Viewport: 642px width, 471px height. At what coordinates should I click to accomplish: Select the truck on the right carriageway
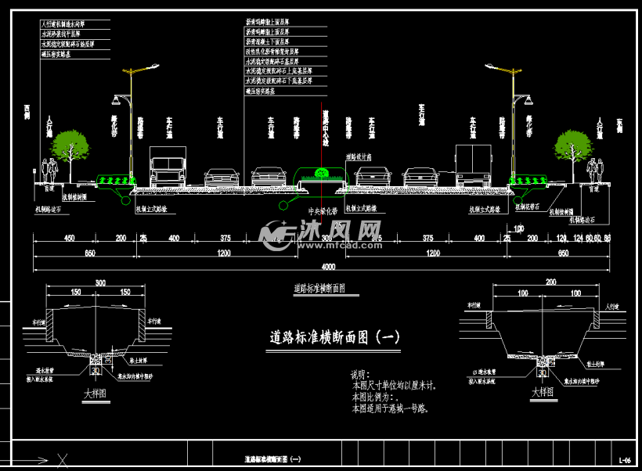click(x=473, y=167)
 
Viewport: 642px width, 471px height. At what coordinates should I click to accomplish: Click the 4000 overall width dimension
click(x=321, y=268)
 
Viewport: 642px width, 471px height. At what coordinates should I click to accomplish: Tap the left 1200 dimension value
click(x=224, y=253)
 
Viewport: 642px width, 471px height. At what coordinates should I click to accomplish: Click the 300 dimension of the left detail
click(x=99, y=282)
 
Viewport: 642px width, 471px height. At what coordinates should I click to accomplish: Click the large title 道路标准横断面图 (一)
click(x=335, y=337)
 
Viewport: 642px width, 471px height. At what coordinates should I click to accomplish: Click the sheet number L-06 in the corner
click(x=624, y=460)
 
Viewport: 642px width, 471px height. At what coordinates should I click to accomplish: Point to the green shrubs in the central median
click(x=319, y=174)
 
